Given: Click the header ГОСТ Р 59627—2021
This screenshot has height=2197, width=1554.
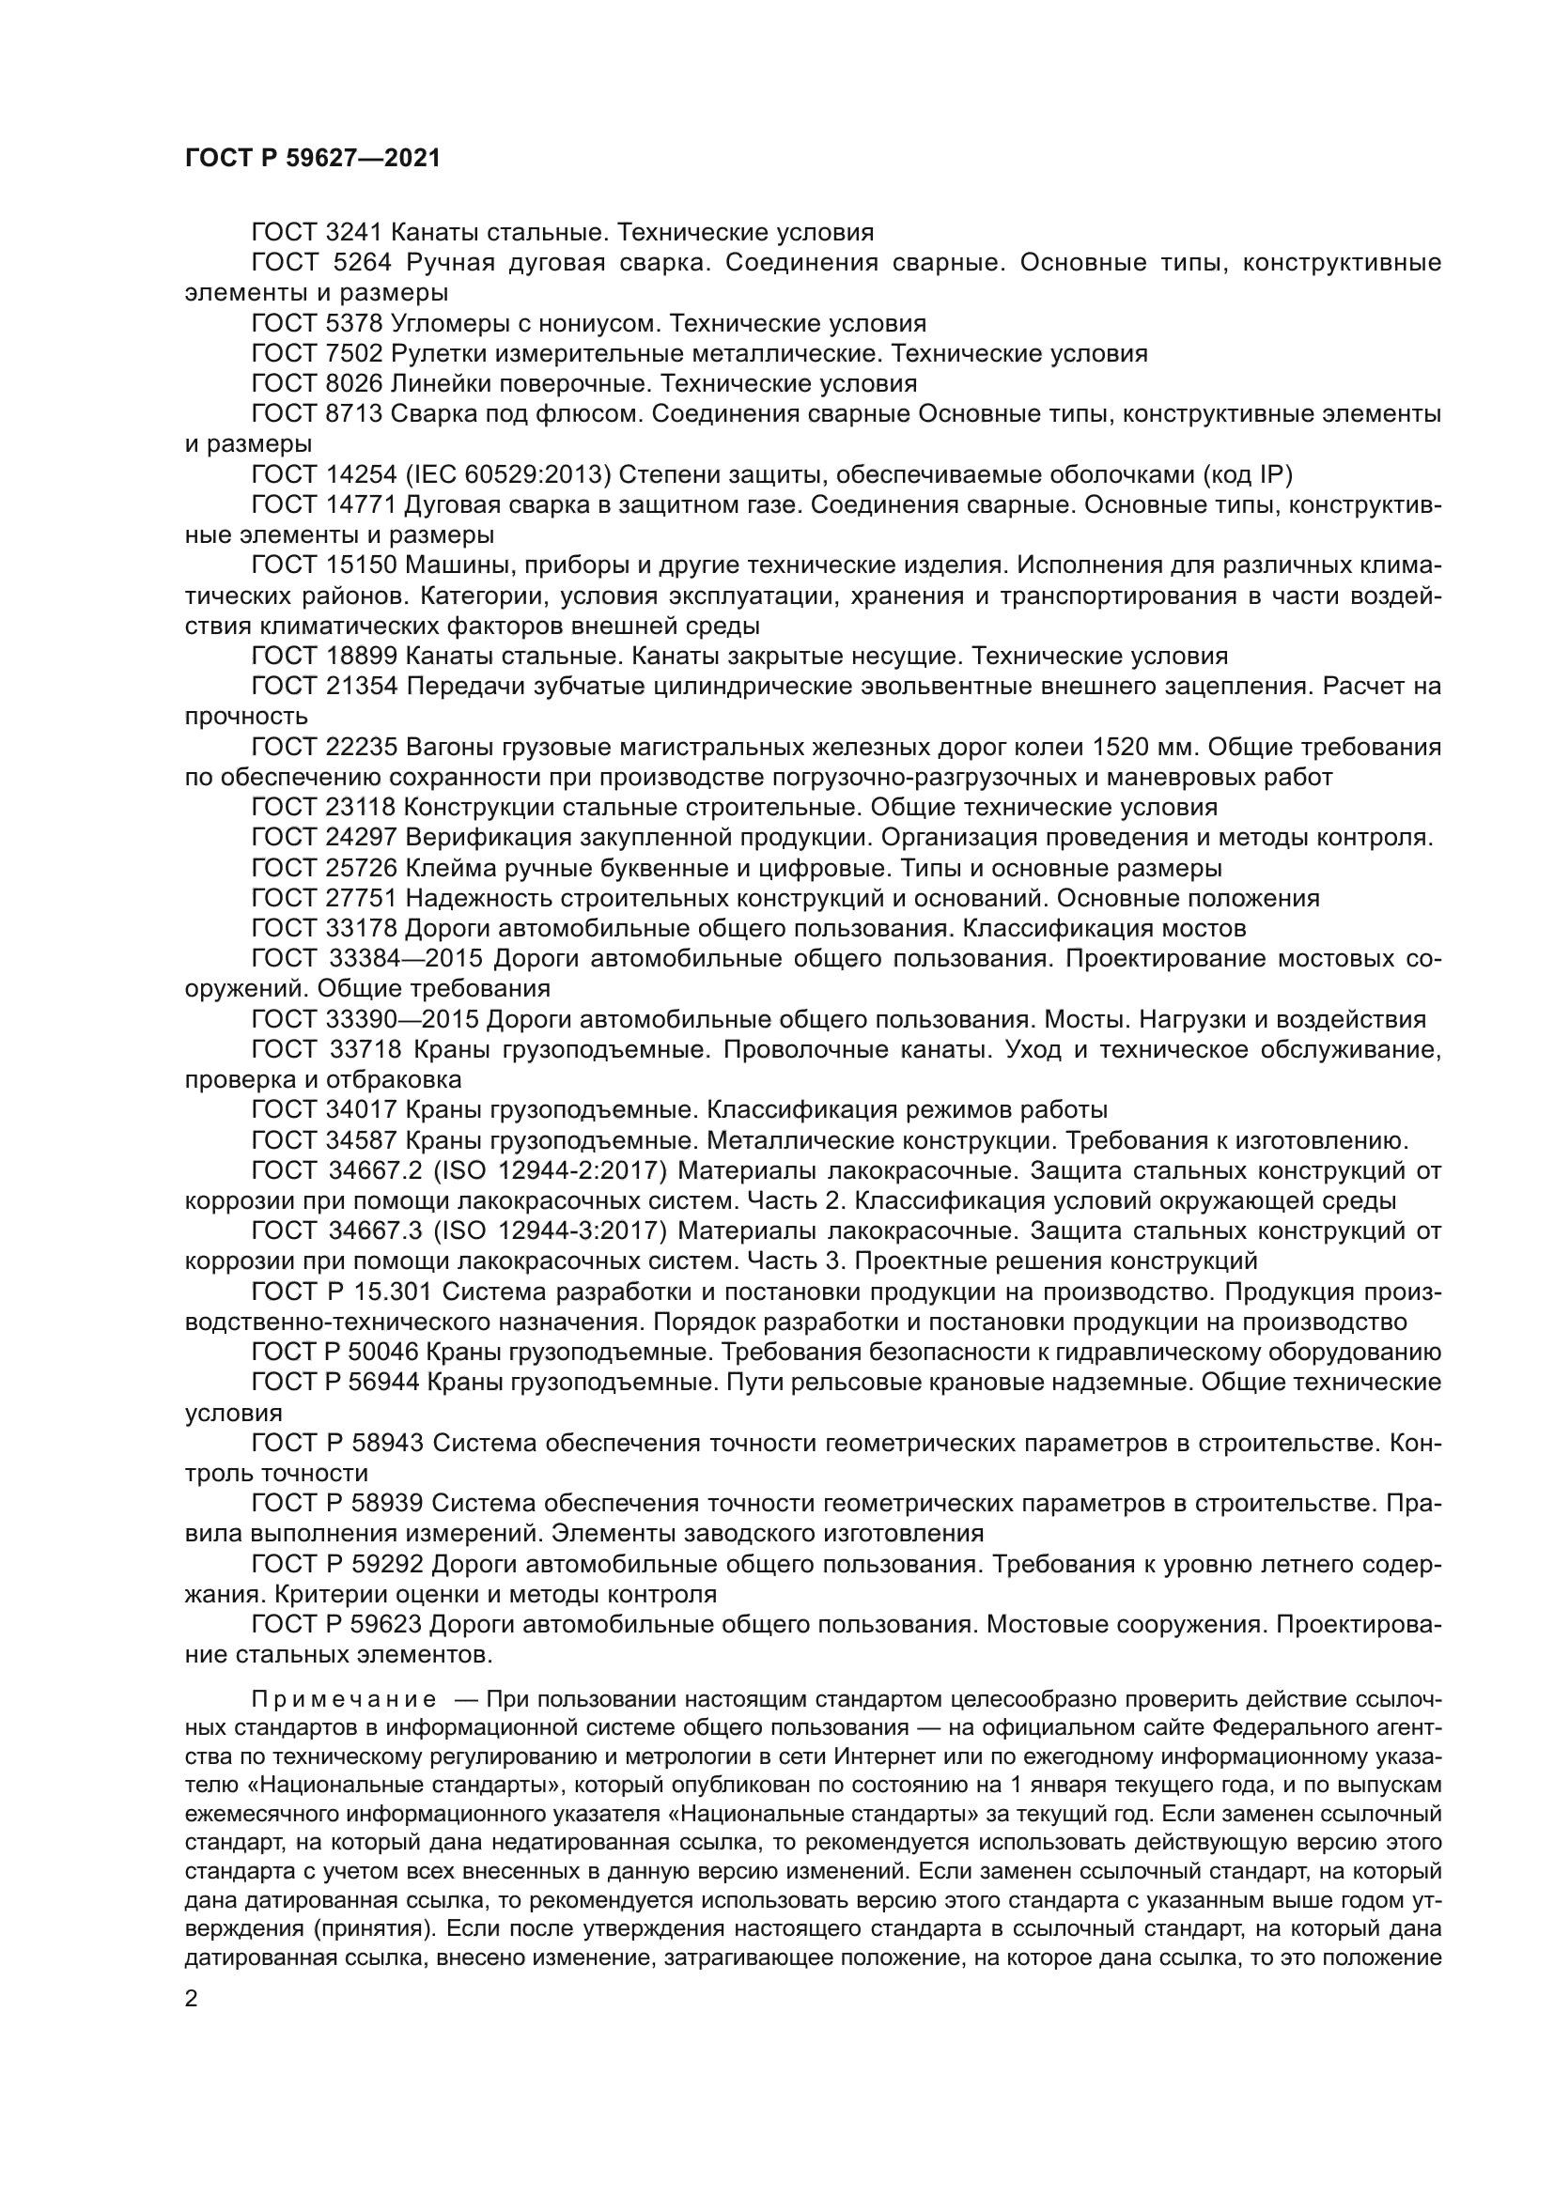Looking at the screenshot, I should (x=312, y=159).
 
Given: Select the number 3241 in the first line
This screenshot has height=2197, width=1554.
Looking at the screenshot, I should (x=354, y=233).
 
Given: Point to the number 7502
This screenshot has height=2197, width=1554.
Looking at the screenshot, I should (x=354, y=354).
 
